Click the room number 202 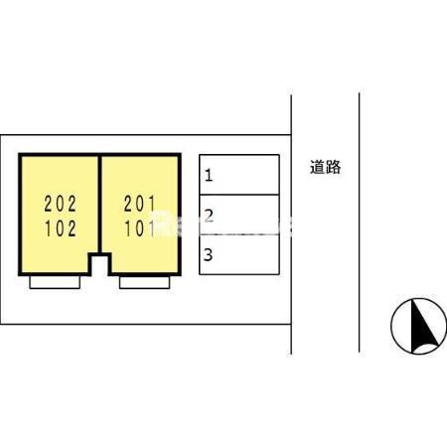pyautogui.click(x=61, y=204)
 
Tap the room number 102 pyautogui.click(x=61, y=228)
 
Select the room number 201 pyautogui.click(x=139, y=204)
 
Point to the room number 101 pyautogui.click(x=139, y=228)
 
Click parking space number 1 pyautogui.click(x=239, y=175)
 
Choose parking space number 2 pyautogui.click(x=239, y=215)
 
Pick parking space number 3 pyautogui.click(x=239, y=254)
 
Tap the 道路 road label pyautogui.click(x=325, y=167)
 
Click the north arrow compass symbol pyautogui.click(x=418, y=326)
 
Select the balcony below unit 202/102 pyautogui.click(x=55, y=282)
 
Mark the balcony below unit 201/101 pyautogui.click(x=145, y=282)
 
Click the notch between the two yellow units pyautogui.click(x=99, y=265)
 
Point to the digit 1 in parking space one pyautogui.click(x=209, y=175)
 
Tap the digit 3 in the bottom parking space pyautogui.click(x=208, y=255)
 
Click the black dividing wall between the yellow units pyautogui.click(x=99, y=205)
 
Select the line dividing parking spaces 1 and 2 pyautogui.click(x=239, y=195)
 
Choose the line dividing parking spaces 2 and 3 pyautogui.click(x=239, y=234)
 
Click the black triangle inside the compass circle pyautogui.click(x=424, y=326)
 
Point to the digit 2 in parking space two pyautogui.click(x=209, y=216)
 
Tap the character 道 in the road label pyautogui.click(x=317, y=167)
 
